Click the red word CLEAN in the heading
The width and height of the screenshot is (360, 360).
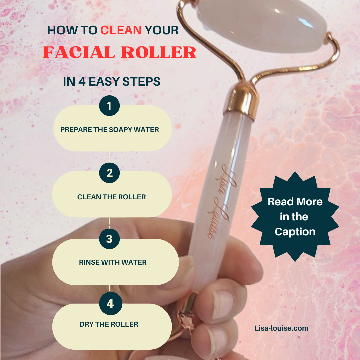(x=121, y=30)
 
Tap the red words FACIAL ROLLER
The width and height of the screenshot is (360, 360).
(x=120, y=52)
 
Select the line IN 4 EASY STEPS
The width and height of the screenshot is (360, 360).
(x=112, y=82)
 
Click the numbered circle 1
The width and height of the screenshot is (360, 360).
(x=109, y=106)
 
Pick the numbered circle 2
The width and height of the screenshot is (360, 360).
(x=109, y=173)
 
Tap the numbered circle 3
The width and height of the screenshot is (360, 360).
(x=109, y=239)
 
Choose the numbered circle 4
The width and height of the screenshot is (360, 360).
(x=111, y=304)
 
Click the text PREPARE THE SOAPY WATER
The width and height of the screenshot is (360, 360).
(x=110, y=129)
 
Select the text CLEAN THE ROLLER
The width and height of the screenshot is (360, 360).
(x=112, y=197)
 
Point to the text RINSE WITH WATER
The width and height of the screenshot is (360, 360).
(x=113, y=262)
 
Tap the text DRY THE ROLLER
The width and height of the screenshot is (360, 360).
(x=109, y=324)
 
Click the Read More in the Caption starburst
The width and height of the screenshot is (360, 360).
(x=295, y=217)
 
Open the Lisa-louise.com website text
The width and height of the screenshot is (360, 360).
(x=281, y=328)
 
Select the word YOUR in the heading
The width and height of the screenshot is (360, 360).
(x=162, y=30)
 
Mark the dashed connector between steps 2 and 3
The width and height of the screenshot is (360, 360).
(x=109, y=223)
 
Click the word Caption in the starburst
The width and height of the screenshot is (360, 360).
(x=295, y=232)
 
